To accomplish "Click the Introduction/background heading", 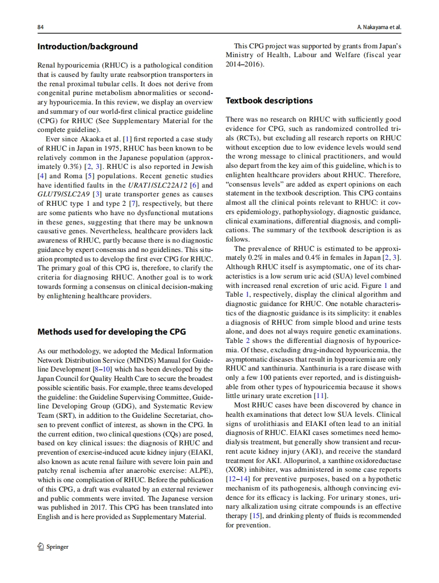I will point(87,46).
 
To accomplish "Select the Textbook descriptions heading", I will point(269,100).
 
